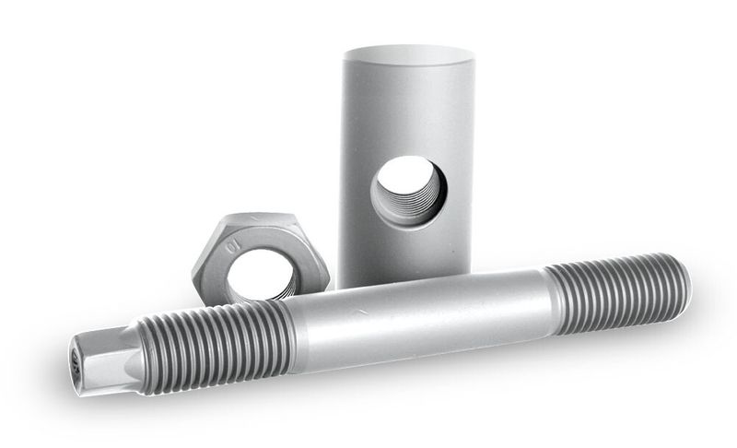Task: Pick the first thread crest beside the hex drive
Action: tap(148, 355)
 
